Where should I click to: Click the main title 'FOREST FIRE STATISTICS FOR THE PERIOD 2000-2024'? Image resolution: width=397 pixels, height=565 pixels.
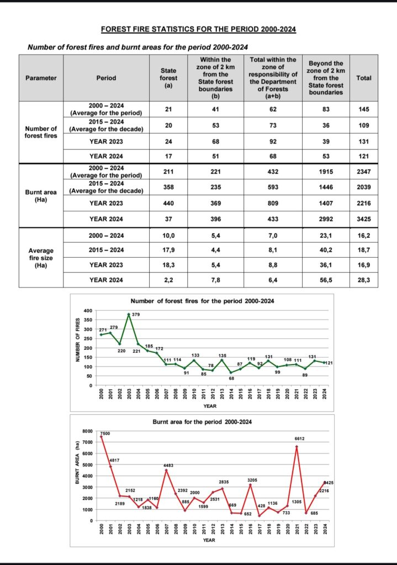pos(198,29)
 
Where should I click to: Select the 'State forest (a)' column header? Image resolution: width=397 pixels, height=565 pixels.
pos(168,78)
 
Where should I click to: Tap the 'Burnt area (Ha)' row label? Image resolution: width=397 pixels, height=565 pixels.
pos(41,196)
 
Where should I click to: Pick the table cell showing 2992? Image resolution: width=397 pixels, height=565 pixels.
pos(326,218)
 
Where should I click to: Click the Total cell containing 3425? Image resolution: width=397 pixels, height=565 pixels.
pos(364,218)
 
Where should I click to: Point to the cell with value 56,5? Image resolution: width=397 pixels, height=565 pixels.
pos(326,280)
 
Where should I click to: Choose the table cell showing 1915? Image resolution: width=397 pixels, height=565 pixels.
pos(326,172)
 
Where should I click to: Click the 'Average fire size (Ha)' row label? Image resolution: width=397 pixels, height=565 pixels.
pos(41,258)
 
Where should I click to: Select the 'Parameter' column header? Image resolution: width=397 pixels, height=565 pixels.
pos(41,78)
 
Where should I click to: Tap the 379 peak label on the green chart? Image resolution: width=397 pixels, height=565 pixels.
pos(136,315)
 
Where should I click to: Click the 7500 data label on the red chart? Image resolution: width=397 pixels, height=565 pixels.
pos(105,434)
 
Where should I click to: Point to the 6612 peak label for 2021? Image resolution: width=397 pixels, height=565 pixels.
pos(300,439)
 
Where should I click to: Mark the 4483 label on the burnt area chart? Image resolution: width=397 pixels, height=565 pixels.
pos(168,466)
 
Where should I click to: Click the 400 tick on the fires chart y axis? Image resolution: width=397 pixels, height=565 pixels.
pos(88,311)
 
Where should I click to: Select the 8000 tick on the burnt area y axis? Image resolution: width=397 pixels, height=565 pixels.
pos(87,431)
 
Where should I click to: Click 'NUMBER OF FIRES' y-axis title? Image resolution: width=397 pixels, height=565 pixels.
pos(77,340)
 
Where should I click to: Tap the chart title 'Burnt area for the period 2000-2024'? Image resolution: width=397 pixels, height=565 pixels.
pos(202,422)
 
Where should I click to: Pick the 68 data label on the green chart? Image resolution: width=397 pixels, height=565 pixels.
pos(231,379)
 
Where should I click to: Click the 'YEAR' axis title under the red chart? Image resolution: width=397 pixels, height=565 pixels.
pos(209,540)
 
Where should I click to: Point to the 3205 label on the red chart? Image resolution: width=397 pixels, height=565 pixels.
pos(252,480)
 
